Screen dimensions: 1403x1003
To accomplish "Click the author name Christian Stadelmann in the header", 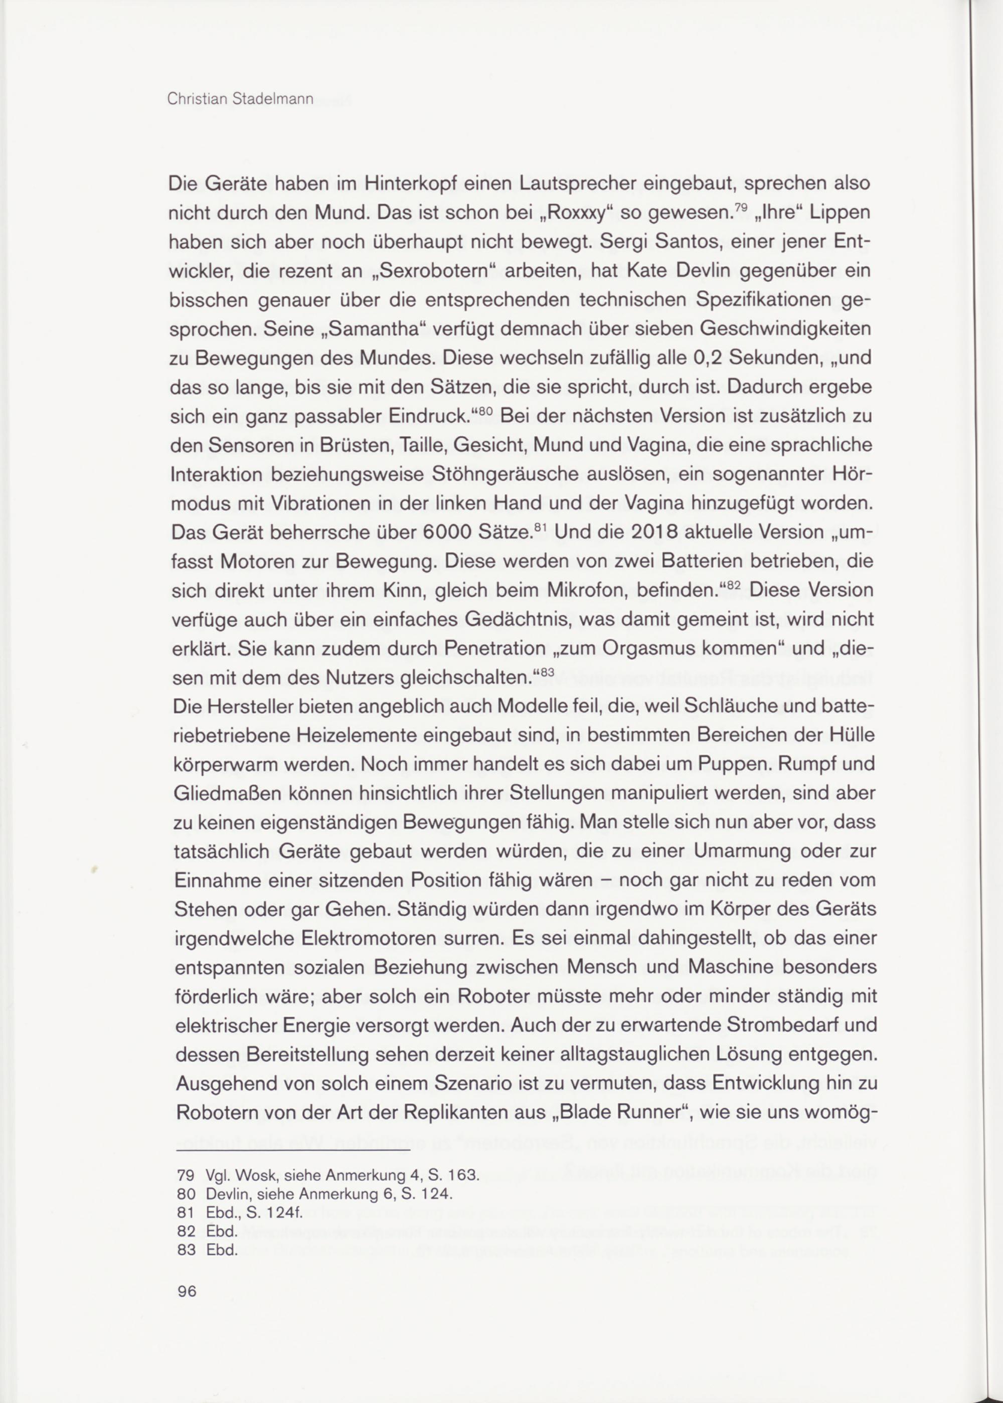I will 240,99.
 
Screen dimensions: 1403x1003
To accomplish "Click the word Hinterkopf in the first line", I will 435,184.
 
